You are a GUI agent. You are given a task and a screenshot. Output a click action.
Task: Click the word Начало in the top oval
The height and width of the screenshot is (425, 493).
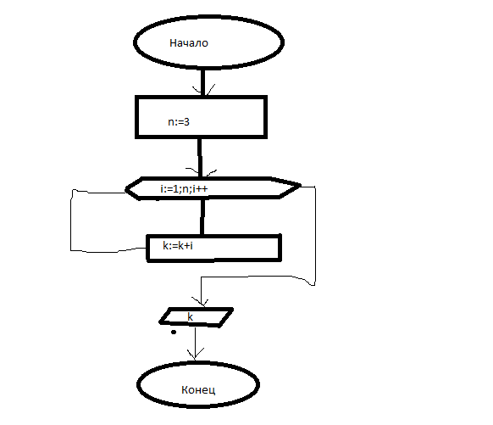click(x=189, y=43)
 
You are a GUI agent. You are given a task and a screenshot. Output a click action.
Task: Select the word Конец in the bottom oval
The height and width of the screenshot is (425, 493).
click(x=198, y=390)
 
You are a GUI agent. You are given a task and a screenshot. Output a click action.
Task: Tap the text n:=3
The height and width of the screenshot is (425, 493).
click(x=179, y=122)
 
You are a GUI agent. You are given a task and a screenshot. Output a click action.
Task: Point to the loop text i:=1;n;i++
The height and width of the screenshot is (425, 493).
click(x=184, y=189)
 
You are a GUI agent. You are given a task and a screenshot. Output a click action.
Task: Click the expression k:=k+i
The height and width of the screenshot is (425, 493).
click(x=178, y=245)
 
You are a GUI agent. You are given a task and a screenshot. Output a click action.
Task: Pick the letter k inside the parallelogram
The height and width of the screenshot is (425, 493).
click(x=191, y=316)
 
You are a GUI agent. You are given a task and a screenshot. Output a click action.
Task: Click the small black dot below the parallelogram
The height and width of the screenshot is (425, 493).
click(x=174, y=332)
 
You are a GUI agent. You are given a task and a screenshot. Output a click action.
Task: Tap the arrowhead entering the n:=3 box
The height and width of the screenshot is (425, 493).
click(x=203, y=90)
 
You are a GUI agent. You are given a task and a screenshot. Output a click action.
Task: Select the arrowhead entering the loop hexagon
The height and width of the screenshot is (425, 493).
click(x=201, y=172)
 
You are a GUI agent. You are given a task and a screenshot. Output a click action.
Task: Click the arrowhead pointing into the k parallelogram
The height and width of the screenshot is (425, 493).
click(x=201, y=302)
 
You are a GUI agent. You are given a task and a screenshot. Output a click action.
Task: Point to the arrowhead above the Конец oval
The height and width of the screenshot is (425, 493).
click(x=195, y=355)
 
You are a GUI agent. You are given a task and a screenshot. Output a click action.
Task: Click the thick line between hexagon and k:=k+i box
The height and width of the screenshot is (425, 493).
click(x=202, y=216)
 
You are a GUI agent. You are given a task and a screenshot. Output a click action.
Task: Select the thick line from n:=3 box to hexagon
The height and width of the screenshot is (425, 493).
click(x=200, y=158)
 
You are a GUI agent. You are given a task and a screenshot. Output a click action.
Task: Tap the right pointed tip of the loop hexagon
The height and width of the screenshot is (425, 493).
click(x=300, y=186)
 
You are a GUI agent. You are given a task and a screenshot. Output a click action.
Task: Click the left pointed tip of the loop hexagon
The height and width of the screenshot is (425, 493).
click(x=126, y=189)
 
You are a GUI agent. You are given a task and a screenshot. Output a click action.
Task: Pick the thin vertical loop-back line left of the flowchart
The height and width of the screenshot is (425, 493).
click(x=71, y=221)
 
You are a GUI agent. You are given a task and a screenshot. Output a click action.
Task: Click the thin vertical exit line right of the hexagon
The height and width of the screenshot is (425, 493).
click(x=315, y=236)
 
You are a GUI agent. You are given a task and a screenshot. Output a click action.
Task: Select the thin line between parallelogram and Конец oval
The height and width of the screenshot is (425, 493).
click(x=195, y=344)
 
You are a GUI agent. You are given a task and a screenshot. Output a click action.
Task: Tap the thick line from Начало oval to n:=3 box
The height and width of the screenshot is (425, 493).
click(x=202, y=81)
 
